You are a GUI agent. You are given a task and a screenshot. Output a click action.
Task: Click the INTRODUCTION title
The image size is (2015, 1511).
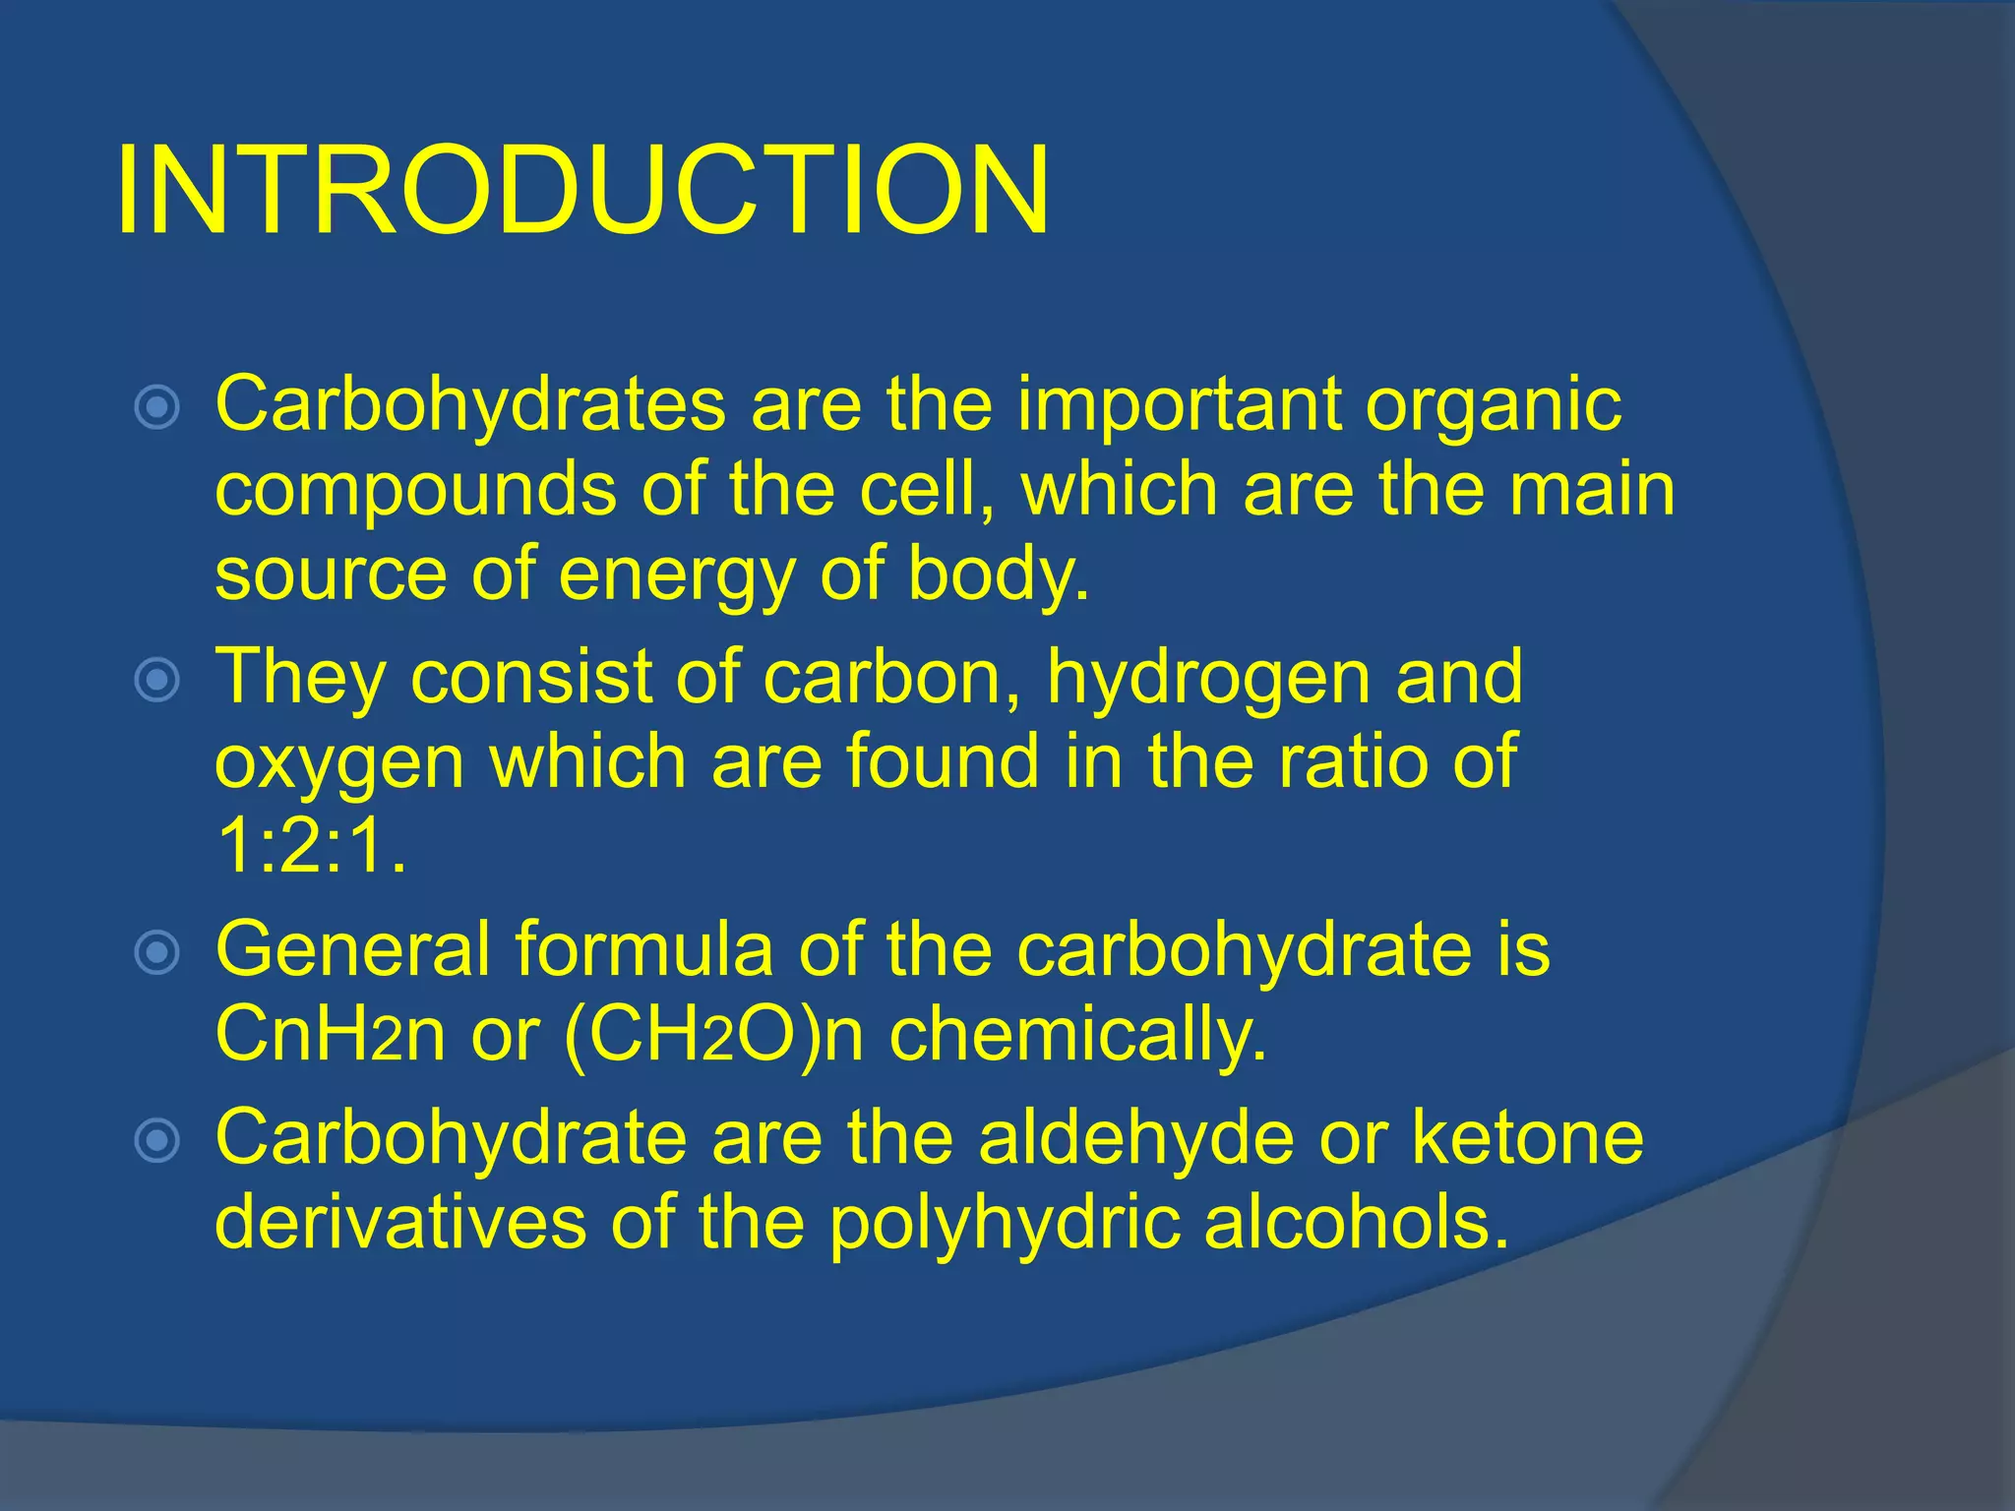[582, 191]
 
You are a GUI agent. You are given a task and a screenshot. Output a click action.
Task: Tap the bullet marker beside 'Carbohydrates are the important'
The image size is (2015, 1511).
[157, 407]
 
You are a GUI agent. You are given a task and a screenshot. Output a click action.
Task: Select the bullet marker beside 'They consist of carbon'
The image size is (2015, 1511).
[157, 679]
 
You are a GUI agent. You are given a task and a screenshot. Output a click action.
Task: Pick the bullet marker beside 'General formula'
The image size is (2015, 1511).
[157, 952]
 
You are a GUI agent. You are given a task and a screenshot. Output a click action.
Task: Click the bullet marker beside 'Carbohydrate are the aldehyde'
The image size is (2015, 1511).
[157, 1140]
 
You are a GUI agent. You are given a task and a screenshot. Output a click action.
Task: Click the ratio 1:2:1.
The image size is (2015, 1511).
[310, 846]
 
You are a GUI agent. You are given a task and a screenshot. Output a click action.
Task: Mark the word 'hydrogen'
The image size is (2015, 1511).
[1208, 679]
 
